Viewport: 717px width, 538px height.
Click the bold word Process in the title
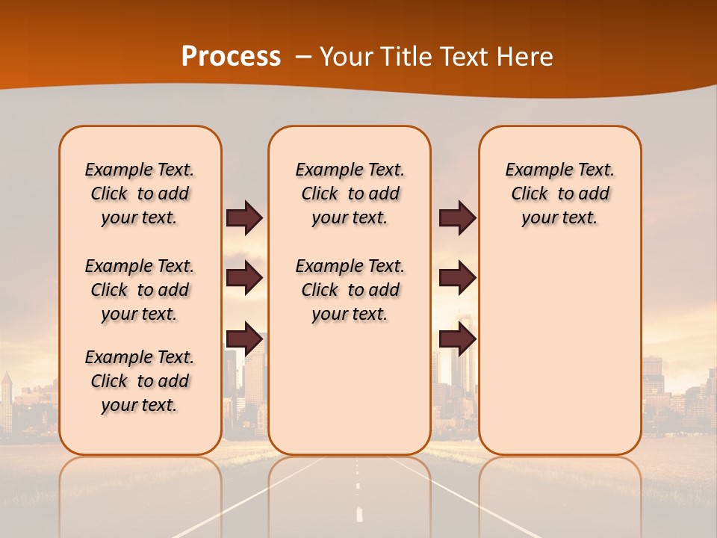point(231,57)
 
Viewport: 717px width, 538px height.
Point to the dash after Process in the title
point(303,58)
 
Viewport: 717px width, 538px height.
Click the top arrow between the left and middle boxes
point(244,217)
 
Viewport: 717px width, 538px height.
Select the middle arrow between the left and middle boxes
point(244,278)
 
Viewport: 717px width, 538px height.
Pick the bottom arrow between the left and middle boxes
point(244,338)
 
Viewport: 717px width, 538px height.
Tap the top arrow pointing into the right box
point(457,217)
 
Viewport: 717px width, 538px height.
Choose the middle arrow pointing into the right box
point(457,278)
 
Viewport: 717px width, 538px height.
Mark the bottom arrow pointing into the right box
point(457,338)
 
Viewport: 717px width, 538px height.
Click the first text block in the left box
point(140,194)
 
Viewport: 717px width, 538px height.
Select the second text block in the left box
point(140,290)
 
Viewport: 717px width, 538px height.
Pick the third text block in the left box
point(140,381)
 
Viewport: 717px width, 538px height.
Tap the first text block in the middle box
point(350,194)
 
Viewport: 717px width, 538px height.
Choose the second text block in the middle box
point(350,290)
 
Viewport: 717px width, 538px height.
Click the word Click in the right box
point(530,194)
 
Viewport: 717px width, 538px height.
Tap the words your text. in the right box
point(559,217)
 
